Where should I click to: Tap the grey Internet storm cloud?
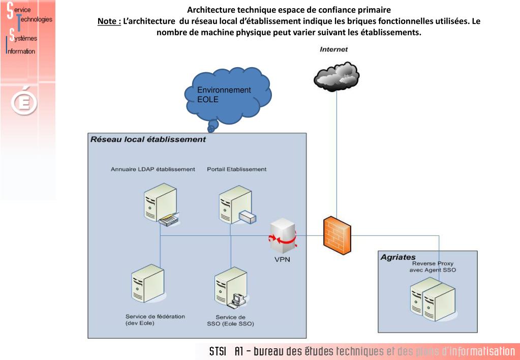point(336,76)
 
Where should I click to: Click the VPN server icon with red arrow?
point(283,235)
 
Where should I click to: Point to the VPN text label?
point(283,260)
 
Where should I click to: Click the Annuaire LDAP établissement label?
point(153,169)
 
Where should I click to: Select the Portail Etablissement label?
point(236,169)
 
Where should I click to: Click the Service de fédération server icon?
point(148,285)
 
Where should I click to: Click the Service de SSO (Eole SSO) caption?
point(230,320)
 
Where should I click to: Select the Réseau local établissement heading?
point(148,139)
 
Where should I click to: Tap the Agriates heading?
point(398,257)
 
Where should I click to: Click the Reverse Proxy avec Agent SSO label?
point(433,267)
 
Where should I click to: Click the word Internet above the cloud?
point(334,49)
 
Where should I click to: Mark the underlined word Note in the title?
point(109,21)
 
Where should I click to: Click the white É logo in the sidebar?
point(24,102)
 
